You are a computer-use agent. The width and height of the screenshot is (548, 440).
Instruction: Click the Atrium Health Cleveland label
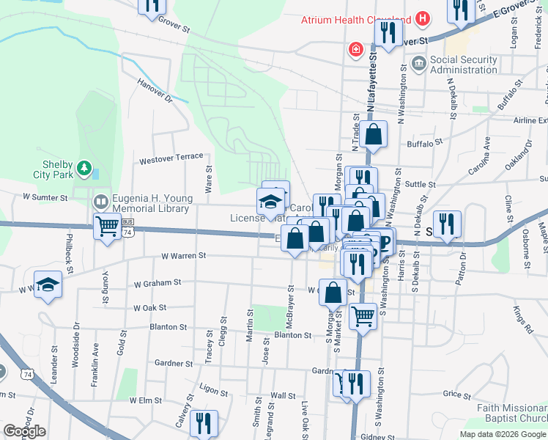click(x=355, y=20)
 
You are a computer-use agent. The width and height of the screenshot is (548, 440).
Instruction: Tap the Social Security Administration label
click(x=474, y=65)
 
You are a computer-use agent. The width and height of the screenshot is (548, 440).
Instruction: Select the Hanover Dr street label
click(x=155, y=89)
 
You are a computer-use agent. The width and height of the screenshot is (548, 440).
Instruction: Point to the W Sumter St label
click(x=45, y=197)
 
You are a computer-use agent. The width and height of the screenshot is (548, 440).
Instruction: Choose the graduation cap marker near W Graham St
click(x=48, y=285)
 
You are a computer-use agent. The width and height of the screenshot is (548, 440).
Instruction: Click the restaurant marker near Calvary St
click(x=203, y=423)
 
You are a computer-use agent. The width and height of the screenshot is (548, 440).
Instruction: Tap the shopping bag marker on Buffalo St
click(x=373, y=135)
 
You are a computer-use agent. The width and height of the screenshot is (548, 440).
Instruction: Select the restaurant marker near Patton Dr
click(x=446, y=223)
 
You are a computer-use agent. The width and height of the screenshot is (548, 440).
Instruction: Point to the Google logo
click(x=24, y=431)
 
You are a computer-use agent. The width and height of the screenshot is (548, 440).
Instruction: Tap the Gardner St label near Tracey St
click(x=174, y=363)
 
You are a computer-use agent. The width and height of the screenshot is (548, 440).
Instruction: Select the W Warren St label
click(x=184, y=257)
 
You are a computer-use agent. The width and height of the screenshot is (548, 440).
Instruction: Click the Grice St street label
click(x=457, y=395)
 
